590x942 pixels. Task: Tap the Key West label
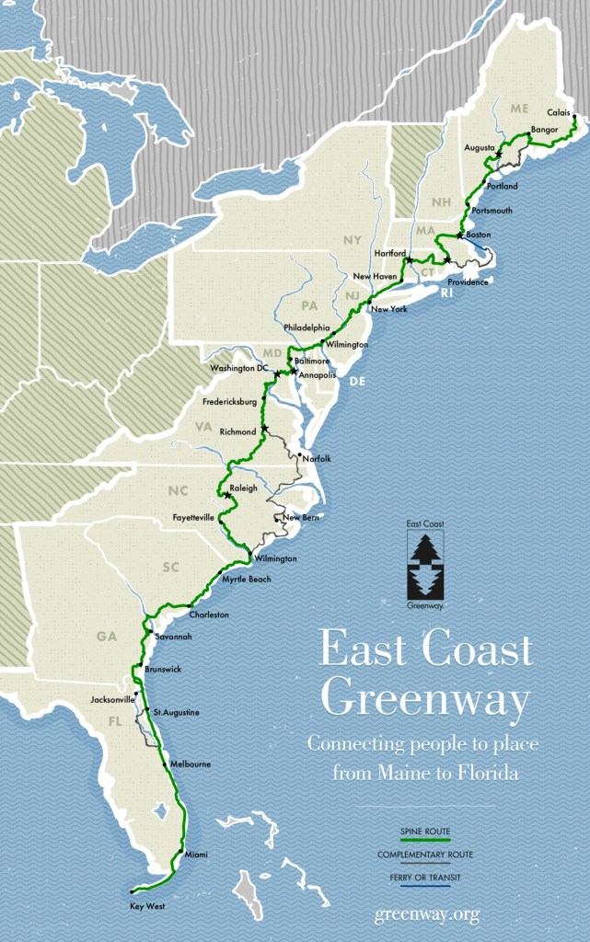[147, 906]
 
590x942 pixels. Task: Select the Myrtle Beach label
[246, 579]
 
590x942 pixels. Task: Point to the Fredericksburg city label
[229, 402]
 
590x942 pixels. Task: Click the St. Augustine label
[176, 712]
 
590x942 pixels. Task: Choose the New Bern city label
[301, 518]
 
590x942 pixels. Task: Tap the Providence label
[468, 281]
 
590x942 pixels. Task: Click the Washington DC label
[239, 369]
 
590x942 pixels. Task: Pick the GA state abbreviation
[106, 636]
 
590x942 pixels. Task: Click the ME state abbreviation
[520, 109]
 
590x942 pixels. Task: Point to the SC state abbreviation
[170, 567]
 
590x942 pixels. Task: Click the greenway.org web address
[426, 913]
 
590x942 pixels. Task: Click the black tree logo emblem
[425, 565]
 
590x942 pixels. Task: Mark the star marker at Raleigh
[227, 496]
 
